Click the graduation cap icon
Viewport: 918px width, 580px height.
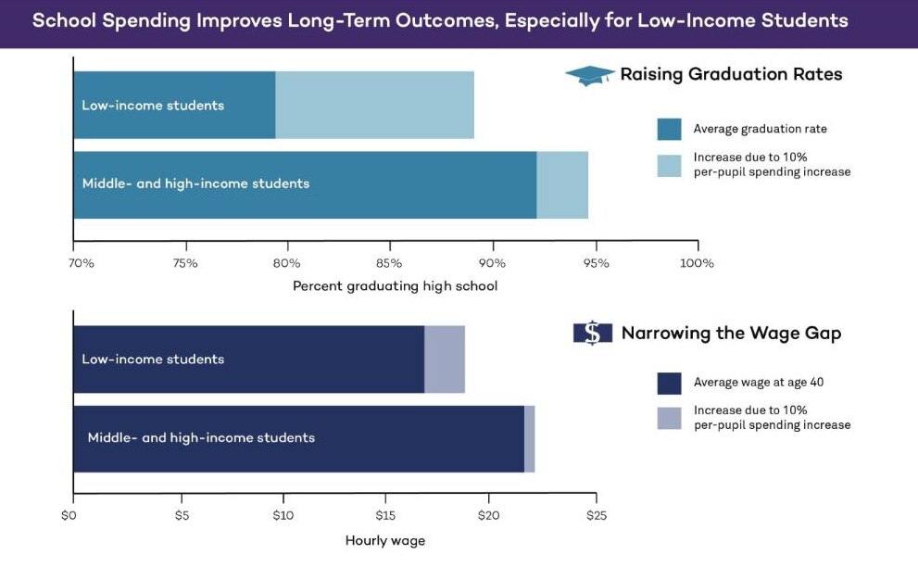(x=590, y=76)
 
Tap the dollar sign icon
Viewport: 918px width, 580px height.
(x=592, y=333)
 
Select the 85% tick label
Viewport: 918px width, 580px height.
(x=389, y=263)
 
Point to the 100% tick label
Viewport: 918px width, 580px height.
(x=697, y=263)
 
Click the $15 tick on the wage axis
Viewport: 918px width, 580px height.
(x=385, y=515)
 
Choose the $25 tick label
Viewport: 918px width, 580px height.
(x=596, y=515)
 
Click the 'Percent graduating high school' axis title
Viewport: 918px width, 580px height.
(x=395, y=285)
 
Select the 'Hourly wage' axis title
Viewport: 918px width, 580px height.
(x=385, y=540)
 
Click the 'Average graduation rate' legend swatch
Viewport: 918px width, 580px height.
(x=669, y=129)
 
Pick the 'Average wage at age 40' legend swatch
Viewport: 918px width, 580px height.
(x=669, y=383)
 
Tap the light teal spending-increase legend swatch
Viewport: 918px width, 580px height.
(x=669, y=165)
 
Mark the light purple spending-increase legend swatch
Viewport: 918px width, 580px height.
(x=669, y=418)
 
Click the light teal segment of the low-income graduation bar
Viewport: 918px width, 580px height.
(x=374, y=105)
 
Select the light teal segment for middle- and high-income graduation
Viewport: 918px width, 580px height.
(x=562, y=184)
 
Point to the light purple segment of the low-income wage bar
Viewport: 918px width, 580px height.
(x=445, y=359)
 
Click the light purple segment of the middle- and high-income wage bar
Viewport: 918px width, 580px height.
(x=530, y=438)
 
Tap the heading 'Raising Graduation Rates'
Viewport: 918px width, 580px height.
(x=731, y=75)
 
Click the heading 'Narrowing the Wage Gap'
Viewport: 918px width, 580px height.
(x=731, y=334)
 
